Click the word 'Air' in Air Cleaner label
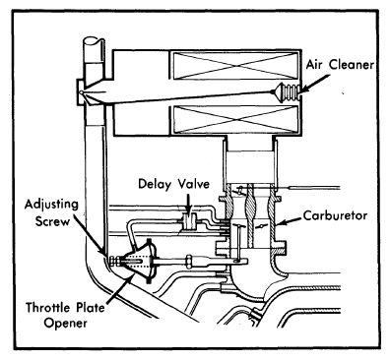[316, 65]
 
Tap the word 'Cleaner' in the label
[352, 65]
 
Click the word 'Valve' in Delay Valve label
[193, 184]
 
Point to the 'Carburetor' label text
[335, 215]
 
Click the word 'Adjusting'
[52, 206]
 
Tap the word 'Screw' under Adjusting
[52, 221]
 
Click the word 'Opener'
[66, 324]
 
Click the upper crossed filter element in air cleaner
[234, 66]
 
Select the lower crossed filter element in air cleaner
[234, 120]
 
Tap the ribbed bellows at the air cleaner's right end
[287, 91]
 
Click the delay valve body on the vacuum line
[188, 221]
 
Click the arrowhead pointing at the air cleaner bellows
[302, 89]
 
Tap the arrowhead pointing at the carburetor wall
[280, 223]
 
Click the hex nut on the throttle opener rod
[189, 261]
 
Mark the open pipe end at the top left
[94, 41]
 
